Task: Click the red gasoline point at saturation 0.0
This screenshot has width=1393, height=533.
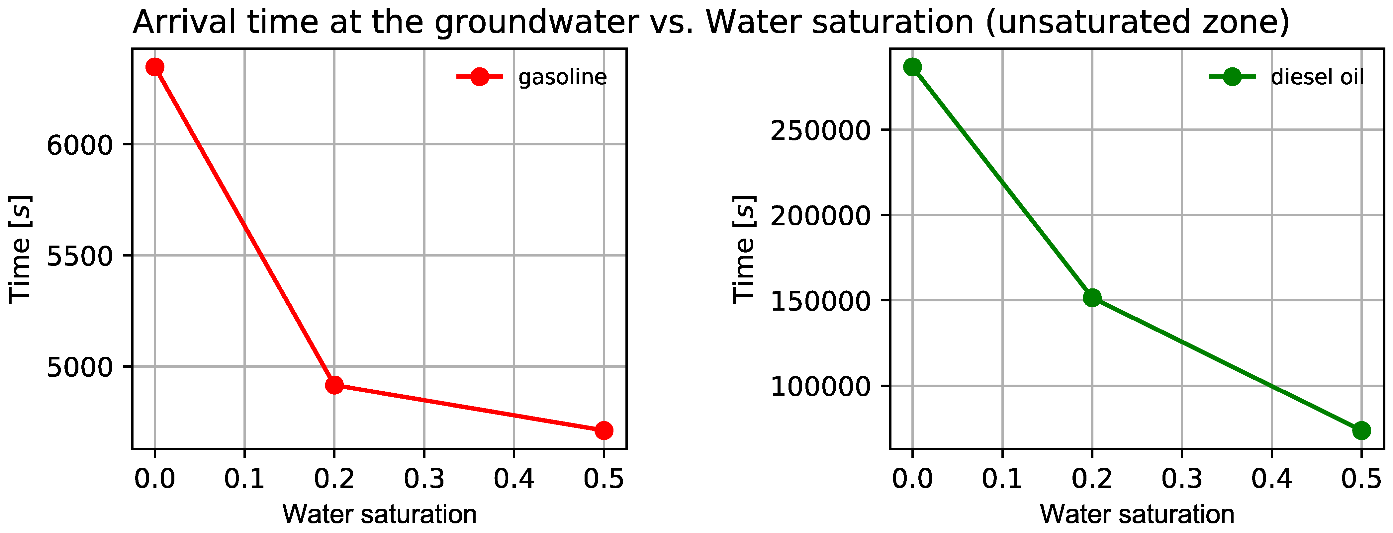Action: click(155, 67)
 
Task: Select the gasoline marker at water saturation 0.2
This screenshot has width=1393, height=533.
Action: click(334, 385)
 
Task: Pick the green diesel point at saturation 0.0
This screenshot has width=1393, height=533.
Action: click(912, 67)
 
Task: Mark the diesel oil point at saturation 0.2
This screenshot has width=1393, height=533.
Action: click(1092, 297)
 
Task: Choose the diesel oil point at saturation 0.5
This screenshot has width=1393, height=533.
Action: click(1361, 430)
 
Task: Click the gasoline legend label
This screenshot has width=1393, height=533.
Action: click(562, 77)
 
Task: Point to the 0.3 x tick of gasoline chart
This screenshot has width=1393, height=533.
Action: click(424, 478)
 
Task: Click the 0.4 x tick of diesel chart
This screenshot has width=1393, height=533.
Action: click(1271, 478)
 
